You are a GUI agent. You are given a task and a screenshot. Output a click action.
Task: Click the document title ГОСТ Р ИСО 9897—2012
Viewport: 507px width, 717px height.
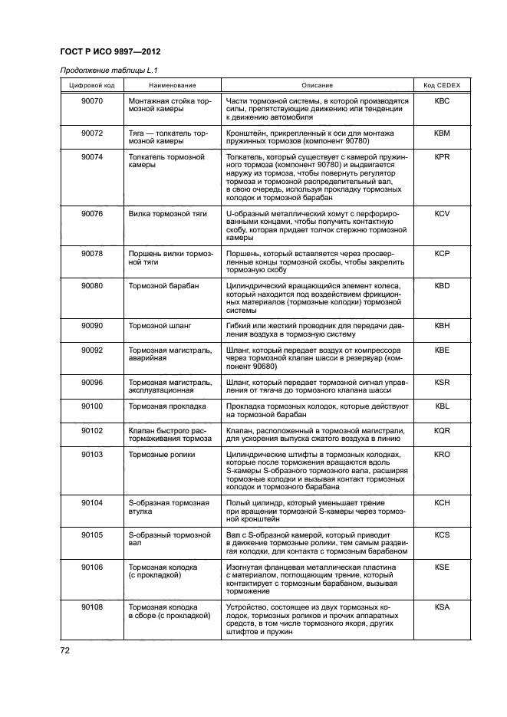tap(109, 51)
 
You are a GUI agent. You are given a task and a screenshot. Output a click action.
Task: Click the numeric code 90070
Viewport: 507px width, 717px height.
tap(92, 100)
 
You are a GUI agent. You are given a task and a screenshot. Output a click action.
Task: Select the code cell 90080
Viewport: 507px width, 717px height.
tap(92, 285)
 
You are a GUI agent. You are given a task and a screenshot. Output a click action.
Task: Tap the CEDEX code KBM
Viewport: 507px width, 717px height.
tap(442, 133)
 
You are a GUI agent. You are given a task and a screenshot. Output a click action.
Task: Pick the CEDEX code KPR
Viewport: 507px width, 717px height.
tap(442, 156)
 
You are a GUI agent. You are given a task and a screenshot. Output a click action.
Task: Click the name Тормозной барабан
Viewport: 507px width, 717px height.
tap(163, 285)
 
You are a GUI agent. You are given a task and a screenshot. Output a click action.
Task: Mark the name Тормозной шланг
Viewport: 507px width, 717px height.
tap(160, 326)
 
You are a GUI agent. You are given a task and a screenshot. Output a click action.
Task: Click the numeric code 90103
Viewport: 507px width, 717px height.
tap(92, 454)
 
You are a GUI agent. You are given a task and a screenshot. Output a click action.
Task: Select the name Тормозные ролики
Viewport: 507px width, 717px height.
tap(162, 454)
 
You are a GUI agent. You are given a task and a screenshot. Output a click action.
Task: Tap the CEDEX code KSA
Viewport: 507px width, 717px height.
tap(442, 606)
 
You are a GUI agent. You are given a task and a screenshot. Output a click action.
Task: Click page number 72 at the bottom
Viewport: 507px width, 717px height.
tap(66, 652)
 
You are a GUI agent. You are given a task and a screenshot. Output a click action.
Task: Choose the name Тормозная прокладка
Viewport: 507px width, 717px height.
tap(167, 406)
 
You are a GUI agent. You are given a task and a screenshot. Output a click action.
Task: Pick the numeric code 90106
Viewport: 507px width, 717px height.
tap(92, 566)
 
